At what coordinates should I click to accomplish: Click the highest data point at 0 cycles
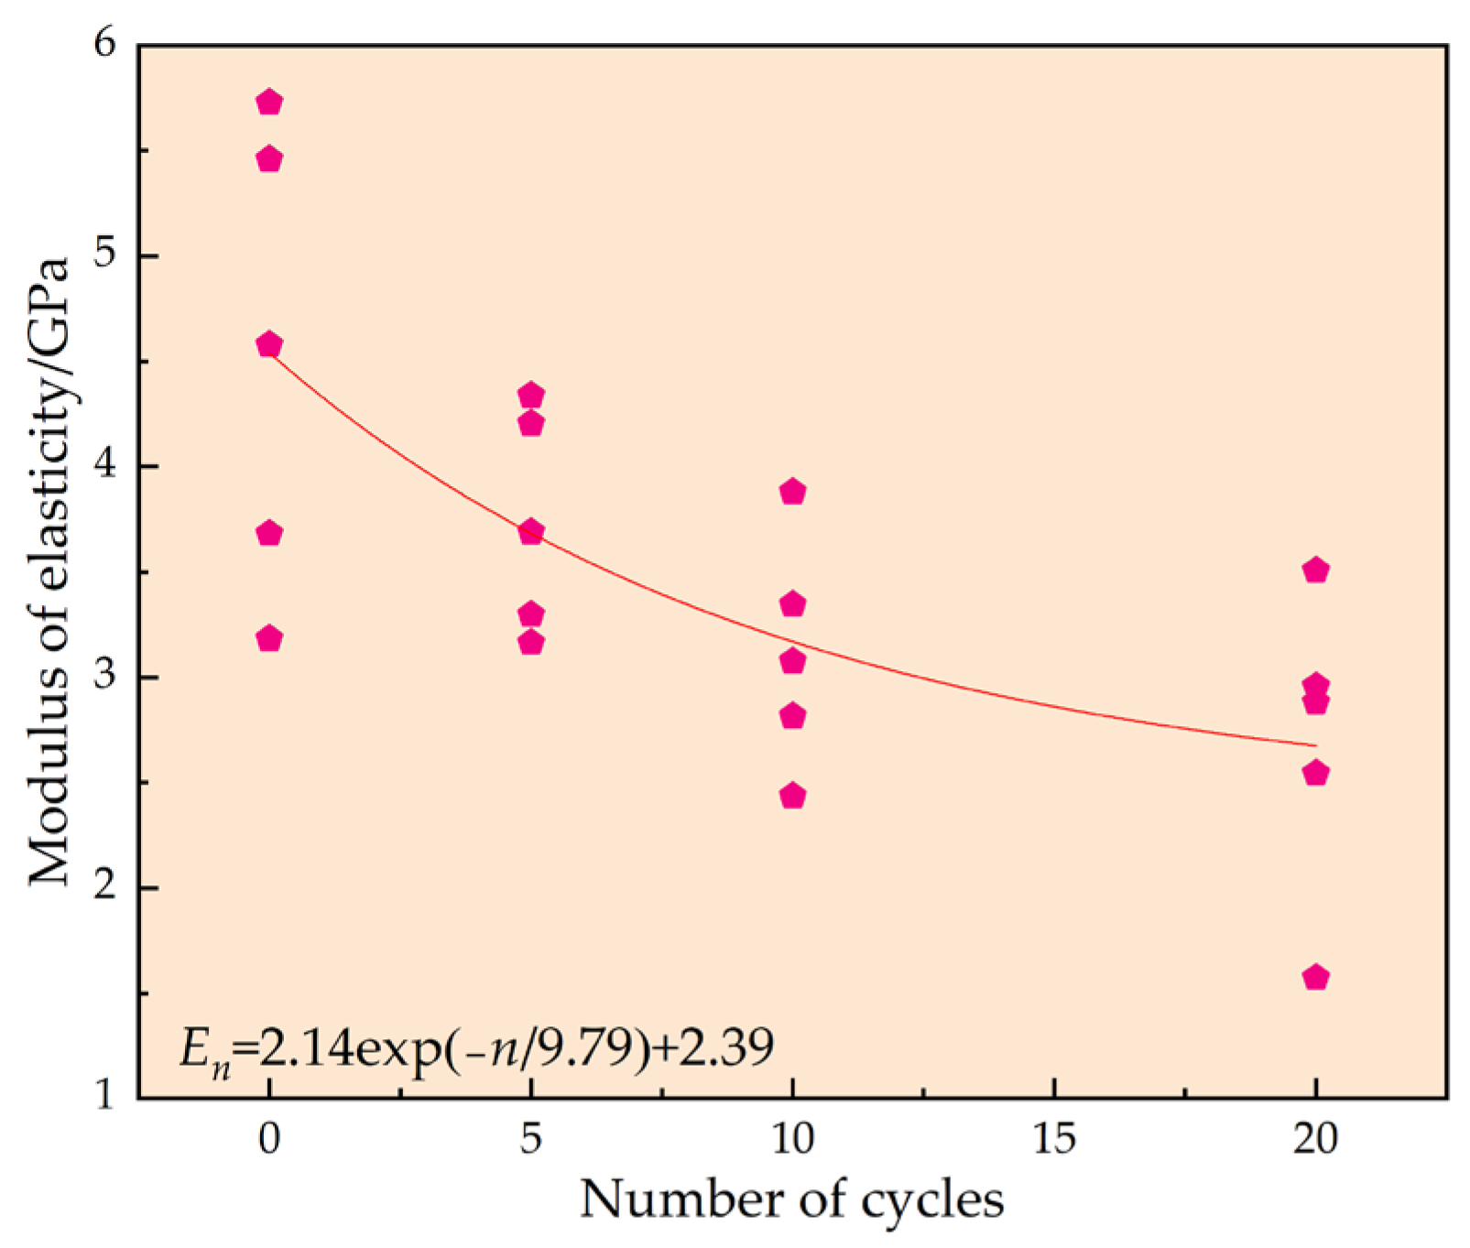click(268, 102)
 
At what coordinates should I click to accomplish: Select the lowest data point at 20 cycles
click(1315, 977)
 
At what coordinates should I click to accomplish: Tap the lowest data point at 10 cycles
click(792, 796)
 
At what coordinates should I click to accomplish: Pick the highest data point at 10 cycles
click(792, 492)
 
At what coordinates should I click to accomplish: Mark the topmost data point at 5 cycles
click(531, 396)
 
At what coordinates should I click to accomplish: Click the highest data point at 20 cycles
click(1315, 570)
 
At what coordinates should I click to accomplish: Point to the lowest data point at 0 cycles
click(268, 638)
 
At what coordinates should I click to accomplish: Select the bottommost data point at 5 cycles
click(531, 642)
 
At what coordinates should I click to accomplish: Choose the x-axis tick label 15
click(1053, 1139)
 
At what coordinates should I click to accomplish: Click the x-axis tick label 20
click(1315, 1139)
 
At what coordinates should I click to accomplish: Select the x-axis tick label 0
click(268, 1139)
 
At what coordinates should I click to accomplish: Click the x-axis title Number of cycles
click(792, 1199)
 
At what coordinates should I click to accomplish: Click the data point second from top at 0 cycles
click(268, 159)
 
